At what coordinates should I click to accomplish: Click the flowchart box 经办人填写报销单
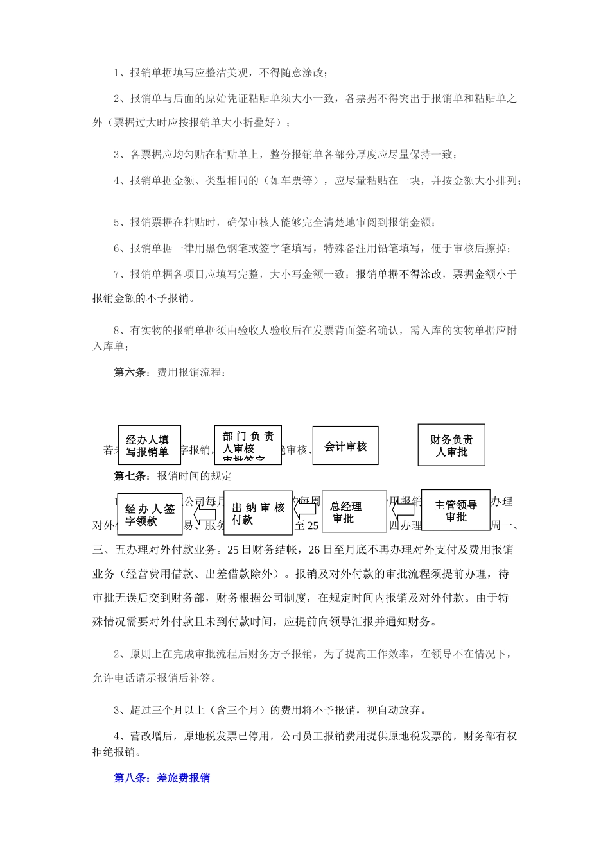point(149,446)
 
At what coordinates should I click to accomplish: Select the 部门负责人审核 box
point(248,445)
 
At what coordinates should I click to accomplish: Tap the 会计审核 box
point(345,446)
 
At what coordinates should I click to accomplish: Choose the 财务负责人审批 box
point(451,445)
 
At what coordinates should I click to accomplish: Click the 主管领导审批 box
point(456,511)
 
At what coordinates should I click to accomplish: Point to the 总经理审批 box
point(354,512)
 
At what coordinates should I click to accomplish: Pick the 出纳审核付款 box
point(258,513)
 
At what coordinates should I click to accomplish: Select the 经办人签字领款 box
point(150,514)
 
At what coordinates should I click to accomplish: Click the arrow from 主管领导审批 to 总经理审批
point(405,511)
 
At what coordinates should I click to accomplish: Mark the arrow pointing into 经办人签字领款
point(204,514)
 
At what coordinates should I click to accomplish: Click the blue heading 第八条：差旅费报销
point(162,778)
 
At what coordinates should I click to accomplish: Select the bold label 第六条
point(132,372)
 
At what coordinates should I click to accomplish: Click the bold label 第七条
point(132,476)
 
